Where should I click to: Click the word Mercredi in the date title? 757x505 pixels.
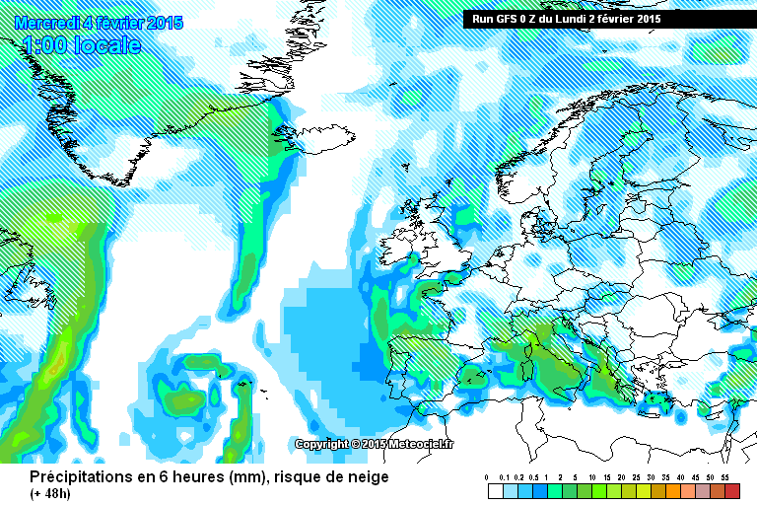pos(46,23)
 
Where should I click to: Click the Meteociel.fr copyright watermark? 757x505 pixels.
pos(375,444)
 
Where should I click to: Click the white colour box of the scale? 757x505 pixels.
pos(495,490)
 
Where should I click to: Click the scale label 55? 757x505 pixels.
pos(724,477)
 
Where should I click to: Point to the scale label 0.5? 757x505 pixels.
pos(532,477)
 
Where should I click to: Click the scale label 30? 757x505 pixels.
pos(651,477)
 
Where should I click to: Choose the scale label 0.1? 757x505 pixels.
pos(503,477)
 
